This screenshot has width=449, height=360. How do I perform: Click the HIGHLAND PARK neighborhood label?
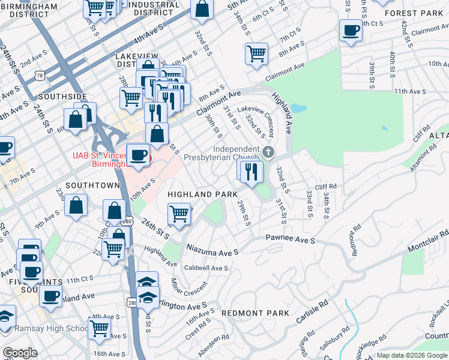tap(198, 194)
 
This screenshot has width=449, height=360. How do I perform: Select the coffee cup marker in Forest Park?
tap(351, 30)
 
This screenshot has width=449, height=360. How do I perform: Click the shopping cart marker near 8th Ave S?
tap(256, 53)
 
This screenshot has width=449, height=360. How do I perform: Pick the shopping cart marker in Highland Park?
tap(179, 214)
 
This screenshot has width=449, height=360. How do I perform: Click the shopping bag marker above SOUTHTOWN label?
tap(77, 205)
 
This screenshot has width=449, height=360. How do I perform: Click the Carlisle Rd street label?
tap(313, 311)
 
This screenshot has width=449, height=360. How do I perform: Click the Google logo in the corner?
tap(20, 352)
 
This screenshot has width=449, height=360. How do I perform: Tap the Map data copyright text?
tap(412, 355)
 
